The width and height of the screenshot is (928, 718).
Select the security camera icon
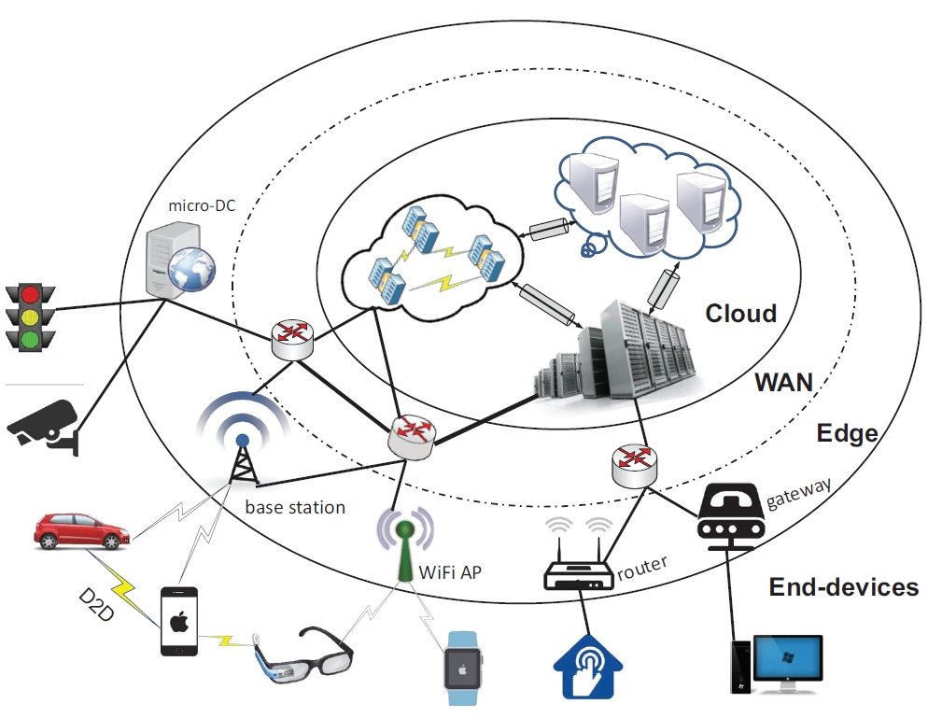[x=42, y=425]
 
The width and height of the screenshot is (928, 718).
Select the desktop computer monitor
[x=789, y=661]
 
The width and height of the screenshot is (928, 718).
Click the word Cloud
[x=740, y=313]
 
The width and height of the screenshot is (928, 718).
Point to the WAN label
[x=783, y=382]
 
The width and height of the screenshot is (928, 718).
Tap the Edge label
[x=847, y=433]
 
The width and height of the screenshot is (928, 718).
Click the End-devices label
[x=843, y=587]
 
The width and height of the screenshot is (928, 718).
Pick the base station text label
[x=295, y=508]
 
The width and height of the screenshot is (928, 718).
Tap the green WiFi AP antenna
[x=405, y=551]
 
